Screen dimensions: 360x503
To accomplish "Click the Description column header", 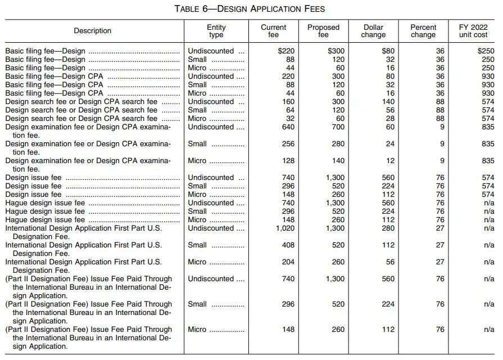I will [x=93, y=31].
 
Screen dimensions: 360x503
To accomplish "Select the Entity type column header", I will [x=216, y=31].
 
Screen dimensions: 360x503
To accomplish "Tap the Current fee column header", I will [x=274, y=31].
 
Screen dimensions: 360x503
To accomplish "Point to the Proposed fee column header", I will [x=323, y=31].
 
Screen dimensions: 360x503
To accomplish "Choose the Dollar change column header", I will [x=374, y=31].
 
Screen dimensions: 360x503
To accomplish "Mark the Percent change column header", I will [x=423, y=31].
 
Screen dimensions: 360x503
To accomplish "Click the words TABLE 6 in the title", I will [x=194, y=8].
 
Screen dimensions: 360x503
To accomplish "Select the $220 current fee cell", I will [x=286, y=51].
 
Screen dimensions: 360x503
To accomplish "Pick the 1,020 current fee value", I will [x=285, y=228].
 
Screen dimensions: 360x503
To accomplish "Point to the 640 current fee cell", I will [x=288, y=127].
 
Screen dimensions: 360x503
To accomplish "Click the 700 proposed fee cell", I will [x=338, y=127].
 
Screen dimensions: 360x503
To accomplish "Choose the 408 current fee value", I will [x=288, y=245].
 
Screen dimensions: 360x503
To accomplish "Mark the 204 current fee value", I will [x=288, y=262].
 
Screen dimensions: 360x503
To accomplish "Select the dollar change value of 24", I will [x=389, y=144].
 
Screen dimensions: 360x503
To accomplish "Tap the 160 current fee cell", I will [x=288, y=102].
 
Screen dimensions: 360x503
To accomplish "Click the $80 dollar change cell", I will [x=388, y=51].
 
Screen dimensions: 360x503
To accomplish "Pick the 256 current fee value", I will [x=288, y=144].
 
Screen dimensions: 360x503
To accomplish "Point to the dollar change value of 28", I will [x=389, y=119].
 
